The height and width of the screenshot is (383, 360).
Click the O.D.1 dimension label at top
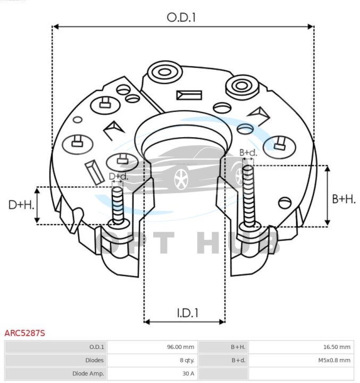[x=181, y=17]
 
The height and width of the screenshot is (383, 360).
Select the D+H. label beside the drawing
[x=22, y=204]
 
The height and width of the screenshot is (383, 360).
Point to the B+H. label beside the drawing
[x=344, y=198]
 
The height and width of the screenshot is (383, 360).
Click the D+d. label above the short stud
[x=119, y=176]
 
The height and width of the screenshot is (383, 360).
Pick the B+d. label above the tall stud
[x=248, y=153]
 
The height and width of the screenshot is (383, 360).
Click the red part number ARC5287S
[x=25, y=334]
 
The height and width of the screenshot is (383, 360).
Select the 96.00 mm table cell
[x=180, y=347]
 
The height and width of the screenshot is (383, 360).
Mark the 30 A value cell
[x=188, y=373]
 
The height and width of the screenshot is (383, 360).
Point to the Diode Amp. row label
[x=88, y=373]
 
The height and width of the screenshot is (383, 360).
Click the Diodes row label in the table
[x=94, y=360]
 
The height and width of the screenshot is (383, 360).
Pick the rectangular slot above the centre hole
[x=189, y=95]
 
